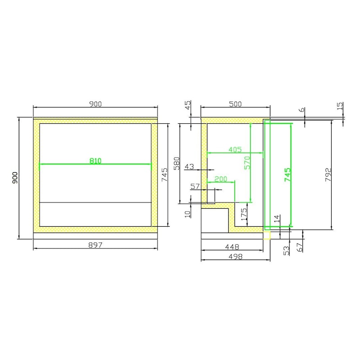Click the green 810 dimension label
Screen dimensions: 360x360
coord(95,161)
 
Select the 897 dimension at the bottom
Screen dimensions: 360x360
coord(95,245)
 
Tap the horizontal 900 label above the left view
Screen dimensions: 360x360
coord(95,104)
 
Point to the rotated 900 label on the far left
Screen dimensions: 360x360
coord(15,178)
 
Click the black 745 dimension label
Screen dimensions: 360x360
coord(165,175)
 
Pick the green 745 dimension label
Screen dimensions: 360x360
coord(288,175)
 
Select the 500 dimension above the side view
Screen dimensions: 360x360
coord(235,104)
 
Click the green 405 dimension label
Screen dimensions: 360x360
coord(235,150)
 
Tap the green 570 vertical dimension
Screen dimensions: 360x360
coord(247,163)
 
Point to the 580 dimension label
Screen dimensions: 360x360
coord(176,163)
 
